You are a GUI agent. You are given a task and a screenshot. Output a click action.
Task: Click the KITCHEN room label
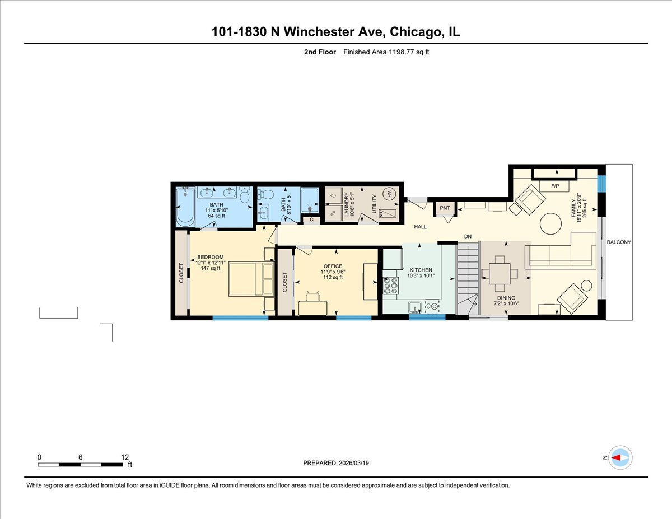click(419, 270)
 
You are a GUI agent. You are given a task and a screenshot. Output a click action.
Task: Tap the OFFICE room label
click(332, 266)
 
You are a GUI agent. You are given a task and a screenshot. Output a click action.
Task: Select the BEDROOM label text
click(210, 257)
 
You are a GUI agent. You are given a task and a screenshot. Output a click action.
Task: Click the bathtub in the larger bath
click(184, 207)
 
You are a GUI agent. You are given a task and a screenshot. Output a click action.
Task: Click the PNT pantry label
click(445, 208)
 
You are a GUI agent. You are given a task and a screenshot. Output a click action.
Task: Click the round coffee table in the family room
click(550, 226)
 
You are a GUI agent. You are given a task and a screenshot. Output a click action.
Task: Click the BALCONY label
click(619, 242)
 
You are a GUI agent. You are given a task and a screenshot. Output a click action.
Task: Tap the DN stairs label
click(468, 237)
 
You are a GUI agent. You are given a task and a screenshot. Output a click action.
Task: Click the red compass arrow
click(617, 457)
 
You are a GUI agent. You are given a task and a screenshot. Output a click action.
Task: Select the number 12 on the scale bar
click(125, 457)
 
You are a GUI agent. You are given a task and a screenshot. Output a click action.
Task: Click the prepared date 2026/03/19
click(353, 463)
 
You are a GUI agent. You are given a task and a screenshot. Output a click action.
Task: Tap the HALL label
click(420, 227)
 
